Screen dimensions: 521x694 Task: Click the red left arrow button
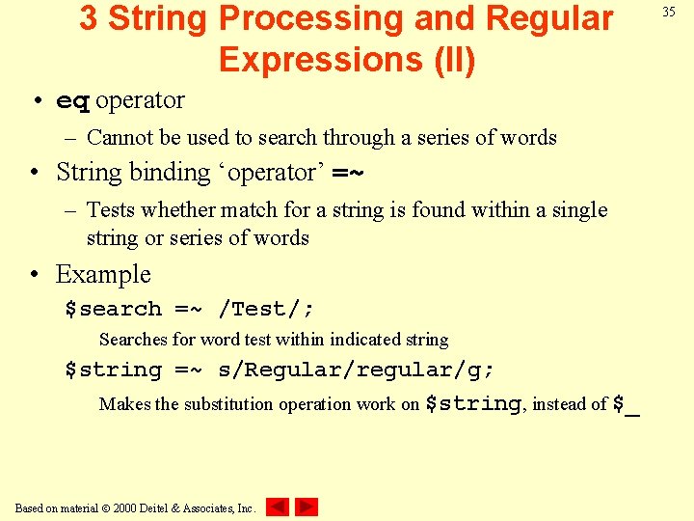(x=278, y=507)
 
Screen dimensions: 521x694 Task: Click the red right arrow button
(x=307, y=507)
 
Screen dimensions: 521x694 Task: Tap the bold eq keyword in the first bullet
(x=73, y=101)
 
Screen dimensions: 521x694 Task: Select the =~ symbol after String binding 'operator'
(x=348, y=174)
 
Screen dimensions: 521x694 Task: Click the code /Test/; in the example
(x=266, y=309)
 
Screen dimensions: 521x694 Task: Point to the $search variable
(x=113, y=309)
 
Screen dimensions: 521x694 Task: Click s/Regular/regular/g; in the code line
(x=357, y=370)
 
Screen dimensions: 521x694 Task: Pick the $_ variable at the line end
(x=627, y=404)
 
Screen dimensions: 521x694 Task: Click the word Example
(x=103, y=274)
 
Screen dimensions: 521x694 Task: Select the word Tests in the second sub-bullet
(x=112, y=209)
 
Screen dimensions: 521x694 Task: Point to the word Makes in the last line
(x=124, y=404)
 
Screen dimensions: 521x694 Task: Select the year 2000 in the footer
(x=124, y=507)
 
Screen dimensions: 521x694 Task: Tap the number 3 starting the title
(x=89, y=17)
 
